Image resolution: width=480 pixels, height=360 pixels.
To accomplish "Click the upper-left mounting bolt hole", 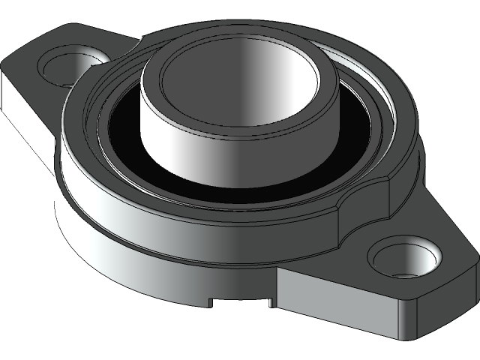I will [x=69, y=66].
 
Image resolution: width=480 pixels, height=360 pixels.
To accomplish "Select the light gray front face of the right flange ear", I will [x=337, y=292].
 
